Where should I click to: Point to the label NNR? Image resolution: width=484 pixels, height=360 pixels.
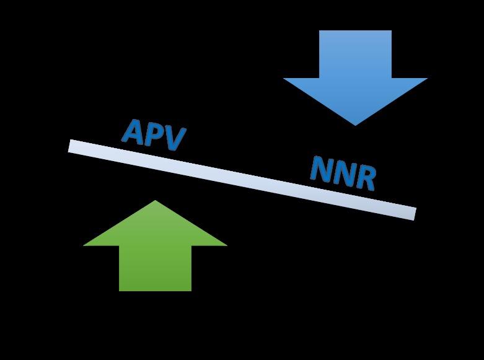tap(343, 173)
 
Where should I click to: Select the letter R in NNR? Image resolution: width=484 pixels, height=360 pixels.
tap(366, 178)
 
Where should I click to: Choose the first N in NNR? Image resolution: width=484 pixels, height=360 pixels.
tap(321, 169)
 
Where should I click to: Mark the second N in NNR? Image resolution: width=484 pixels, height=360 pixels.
tap(343, 173)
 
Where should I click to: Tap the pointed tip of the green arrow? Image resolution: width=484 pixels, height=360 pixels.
tap(155, 201)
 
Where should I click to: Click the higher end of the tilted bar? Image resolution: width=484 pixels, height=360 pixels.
tap(71, 146)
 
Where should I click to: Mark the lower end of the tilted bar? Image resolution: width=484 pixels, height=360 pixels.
tap(413, 214)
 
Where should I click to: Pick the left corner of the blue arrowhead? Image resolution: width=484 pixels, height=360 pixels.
tap(284, 79)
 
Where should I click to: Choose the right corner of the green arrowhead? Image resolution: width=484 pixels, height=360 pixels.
tap(226, 245)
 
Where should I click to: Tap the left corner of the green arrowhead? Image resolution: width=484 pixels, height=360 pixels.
tap(84, 245)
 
